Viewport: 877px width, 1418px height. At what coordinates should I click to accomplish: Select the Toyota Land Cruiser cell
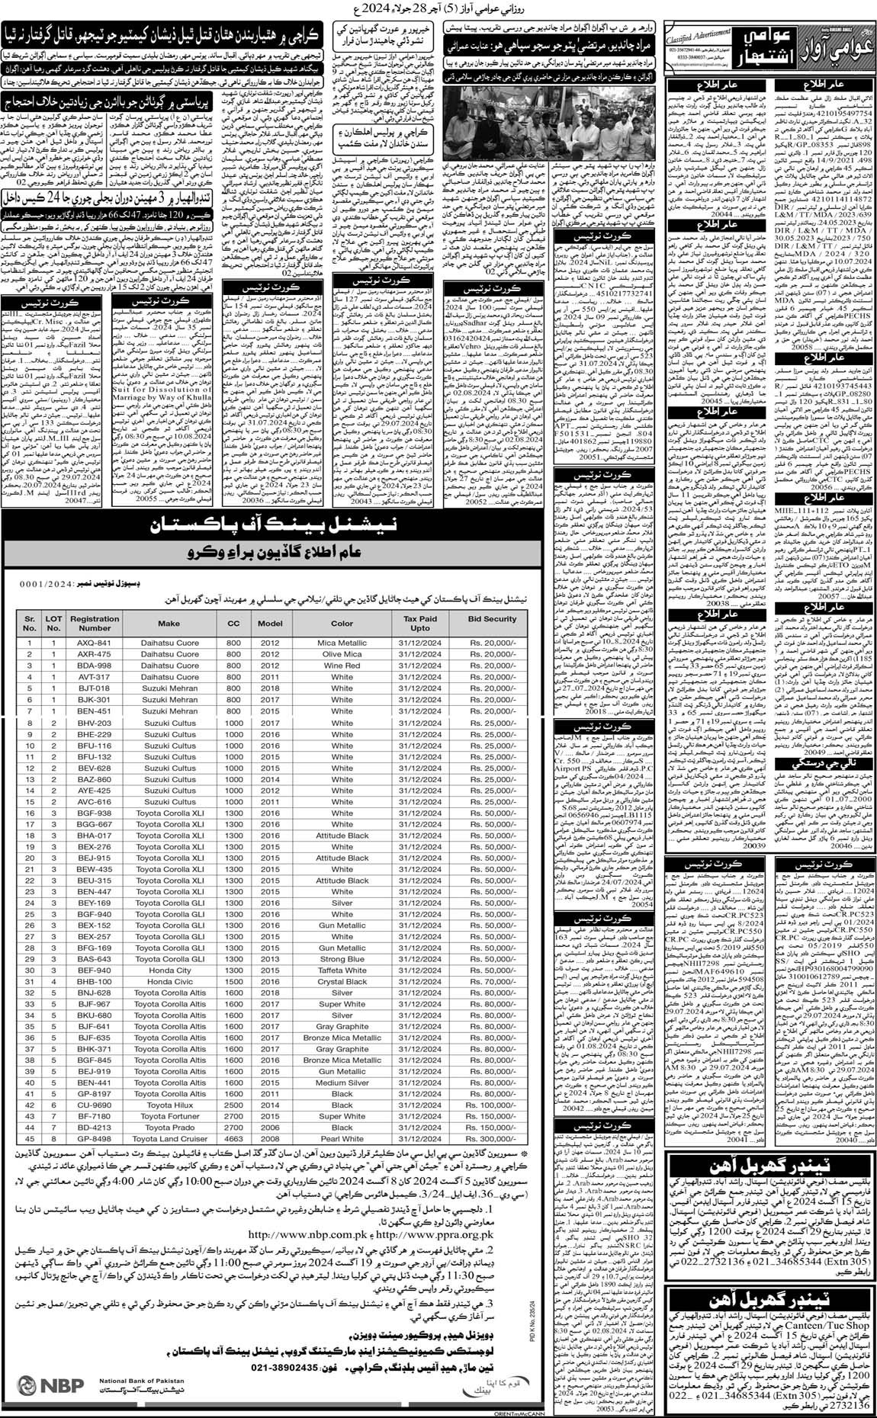pos(169,1139)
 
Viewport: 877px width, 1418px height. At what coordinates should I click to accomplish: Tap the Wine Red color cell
pos(342,666)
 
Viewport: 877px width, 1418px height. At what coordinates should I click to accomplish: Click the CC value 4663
pos(233,1139)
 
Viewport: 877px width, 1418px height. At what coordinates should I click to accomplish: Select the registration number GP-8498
pos(94,1139)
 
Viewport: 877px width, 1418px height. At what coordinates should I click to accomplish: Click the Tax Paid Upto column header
pos(420,624)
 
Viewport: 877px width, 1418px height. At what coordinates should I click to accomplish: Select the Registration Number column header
pos(94,624)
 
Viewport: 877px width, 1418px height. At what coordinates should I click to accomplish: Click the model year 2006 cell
pos(270,1128)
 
